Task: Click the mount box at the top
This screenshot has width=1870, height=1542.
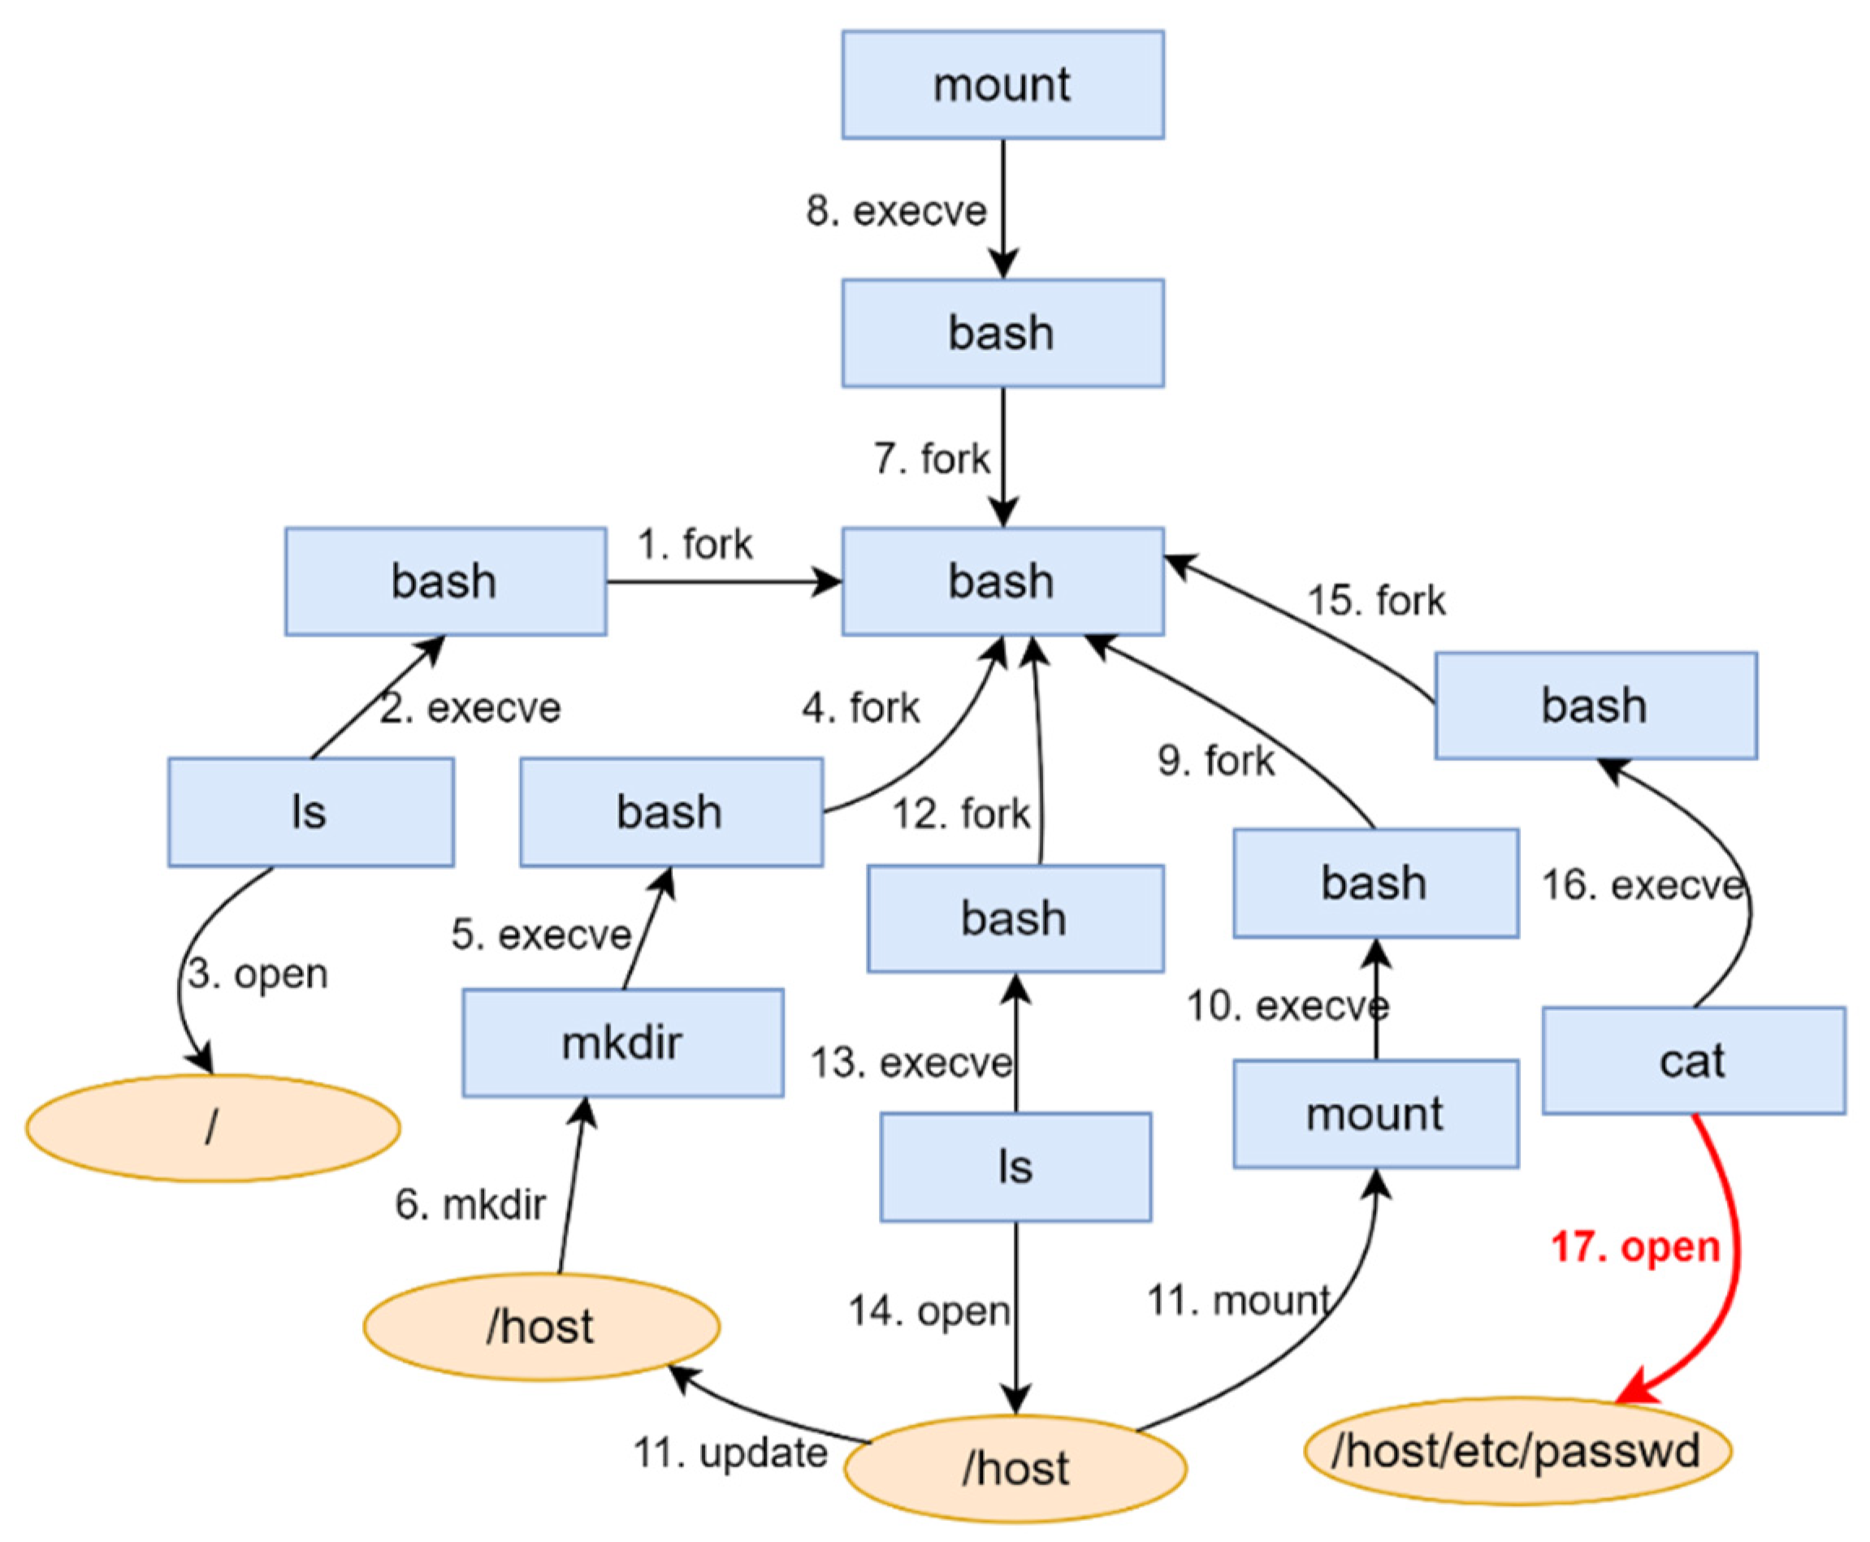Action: [1002, 84]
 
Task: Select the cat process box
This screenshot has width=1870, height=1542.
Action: [1692, 1060]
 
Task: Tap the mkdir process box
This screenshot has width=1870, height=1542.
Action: [622, 1043]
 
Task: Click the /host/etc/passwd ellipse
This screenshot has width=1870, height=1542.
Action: [1517, 1451]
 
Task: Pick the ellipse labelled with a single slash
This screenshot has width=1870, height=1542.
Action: [212, 1128]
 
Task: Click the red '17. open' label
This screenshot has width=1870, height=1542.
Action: [1634, 1247]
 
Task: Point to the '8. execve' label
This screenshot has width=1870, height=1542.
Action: [895, 211]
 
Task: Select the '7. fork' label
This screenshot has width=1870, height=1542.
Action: [931, 460]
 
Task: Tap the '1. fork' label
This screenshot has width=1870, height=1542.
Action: [695, 545]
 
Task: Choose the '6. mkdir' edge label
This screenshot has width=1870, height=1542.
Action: [470, 1204]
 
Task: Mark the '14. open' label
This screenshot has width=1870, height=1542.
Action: [929, 1311]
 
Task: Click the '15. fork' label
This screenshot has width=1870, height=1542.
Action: [1376, 600]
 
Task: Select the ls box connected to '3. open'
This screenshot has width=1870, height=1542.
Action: [310, 812]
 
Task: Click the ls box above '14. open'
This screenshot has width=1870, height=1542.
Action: [1015, 1167]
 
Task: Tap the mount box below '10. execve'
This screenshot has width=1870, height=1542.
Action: [1374, 1114]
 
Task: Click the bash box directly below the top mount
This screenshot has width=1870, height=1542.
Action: [1002, 333]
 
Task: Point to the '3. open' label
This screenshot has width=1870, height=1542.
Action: [258, 974]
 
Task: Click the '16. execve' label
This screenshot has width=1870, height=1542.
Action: [1642, 886]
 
